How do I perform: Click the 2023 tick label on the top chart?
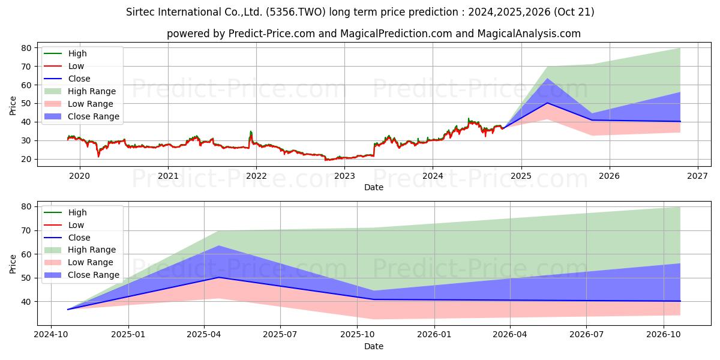344,176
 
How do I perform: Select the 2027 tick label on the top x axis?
698,176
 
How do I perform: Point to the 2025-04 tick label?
204,335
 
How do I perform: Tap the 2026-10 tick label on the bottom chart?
664,335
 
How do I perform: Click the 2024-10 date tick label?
51,335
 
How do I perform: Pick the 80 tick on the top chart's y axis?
26,48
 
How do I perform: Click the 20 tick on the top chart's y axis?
26,159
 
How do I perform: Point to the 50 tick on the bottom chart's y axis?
26,278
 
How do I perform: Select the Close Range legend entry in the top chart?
82,116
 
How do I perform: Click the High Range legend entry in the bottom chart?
80,250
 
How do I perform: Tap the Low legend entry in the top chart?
64,66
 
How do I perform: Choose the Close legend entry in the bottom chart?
67,238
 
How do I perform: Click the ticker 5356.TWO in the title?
296,12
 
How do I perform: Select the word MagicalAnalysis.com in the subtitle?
529,34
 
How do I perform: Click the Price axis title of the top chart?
13,106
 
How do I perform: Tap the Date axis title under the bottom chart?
373,346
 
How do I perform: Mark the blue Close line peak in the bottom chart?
218,277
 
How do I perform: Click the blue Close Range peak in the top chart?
547,79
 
